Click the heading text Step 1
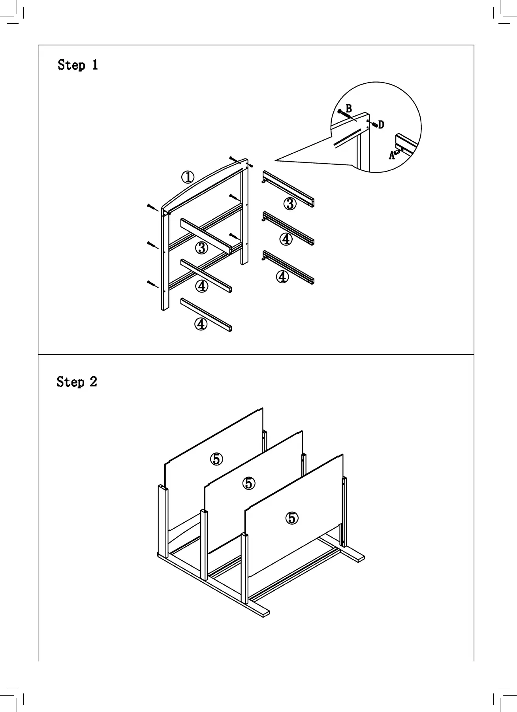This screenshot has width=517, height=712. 77,65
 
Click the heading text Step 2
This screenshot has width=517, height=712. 77,382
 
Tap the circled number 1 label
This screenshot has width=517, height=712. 188,177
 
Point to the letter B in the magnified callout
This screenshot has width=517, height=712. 349,108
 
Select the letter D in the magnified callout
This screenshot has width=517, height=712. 381,125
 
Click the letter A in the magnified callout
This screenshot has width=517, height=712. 391,156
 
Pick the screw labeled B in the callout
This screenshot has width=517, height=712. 344,114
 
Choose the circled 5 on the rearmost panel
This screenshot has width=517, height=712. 216,459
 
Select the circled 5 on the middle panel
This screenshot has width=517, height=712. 248,483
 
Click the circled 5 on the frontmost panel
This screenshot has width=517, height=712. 292,518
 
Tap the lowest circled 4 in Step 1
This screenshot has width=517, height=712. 201,324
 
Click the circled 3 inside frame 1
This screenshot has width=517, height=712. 201,248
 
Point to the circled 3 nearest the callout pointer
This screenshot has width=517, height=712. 290,204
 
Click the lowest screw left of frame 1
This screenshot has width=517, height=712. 152,284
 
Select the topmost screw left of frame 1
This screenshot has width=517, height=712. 152,207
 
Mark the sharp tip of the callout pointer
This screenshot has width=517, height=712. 275,160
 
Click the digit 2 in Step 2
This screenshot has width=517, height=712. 93,382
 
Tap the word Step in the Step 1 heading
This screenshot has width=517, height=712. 71,65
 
